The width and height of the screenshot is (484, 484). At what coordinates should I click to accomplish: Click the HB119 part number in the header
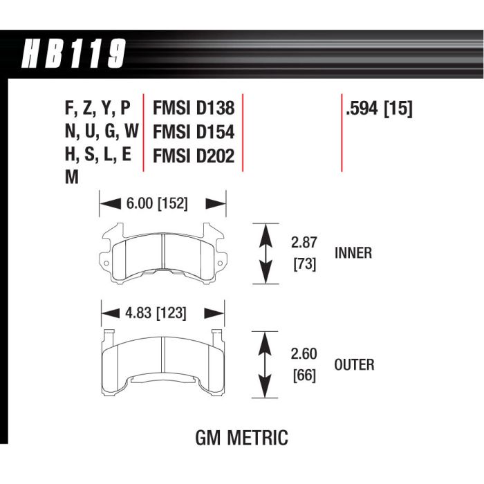coord(75,54)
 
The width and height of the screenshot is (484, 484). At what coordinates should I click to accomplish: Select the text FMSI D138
coord(194,109)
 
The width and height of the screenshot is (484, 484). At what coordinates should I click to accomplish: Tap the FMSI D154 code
coord(194,133)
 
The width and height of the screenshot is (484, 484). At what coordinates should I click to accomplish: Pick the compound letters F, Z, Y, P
coord(97,109)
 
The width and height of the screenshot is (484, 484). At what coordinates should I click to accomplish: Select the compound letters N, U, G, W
coord(101,133)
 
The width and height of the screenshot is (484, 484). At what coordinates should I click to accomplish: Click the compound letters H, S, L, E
coord(97,156)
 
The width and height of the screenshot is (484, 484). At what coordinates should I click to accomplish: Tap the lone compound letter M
coord(71,178)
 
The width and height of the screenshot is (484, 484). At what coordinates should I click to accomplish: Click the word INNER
coord(353,253)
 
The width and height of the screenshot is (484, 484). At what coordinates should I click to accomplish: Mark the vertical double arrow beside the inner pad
coord(264,254)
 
